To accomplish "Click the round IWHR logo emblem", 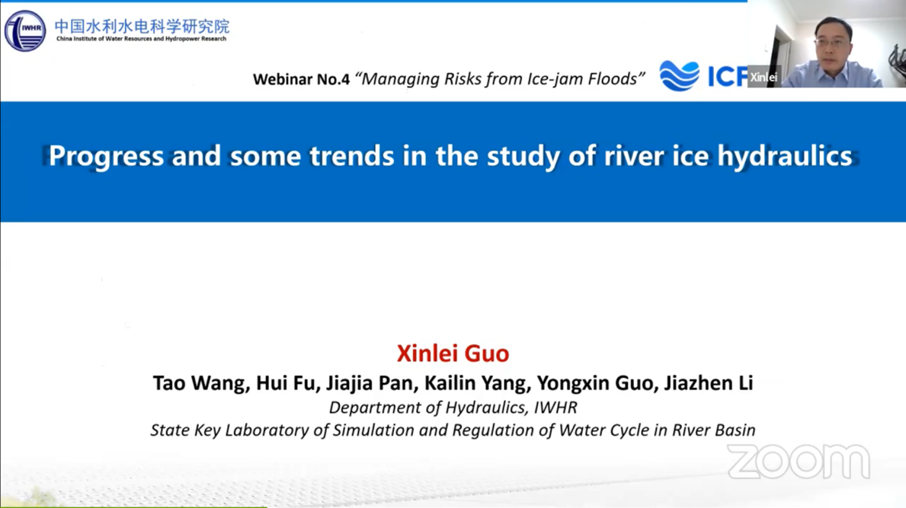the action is pos(25,30).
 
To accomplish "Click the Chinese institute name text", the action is pos(142,26).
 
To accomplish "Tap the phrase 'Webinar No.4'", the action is pos(301,79).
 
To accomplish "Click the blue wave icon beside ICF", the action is pos(679,75).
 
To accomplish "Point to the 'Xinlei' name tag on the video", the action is pos(764,77).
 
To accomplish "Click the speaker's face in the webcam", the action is pos(833,43).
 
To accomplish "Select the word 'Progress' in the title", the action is pos(107,156).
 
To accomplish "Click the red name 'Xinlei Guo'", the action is pos(453,353).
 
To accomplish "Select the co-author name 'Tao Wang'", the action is pos(200,383).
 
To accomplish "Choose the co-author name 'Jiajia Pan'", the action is pos(370,383).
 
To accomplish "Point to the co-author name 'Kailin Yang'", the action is pos(476,383).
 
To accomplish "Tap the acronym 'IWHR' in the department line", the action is pos(555,407).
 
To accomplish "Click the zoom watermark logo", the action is pos(799,462).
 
